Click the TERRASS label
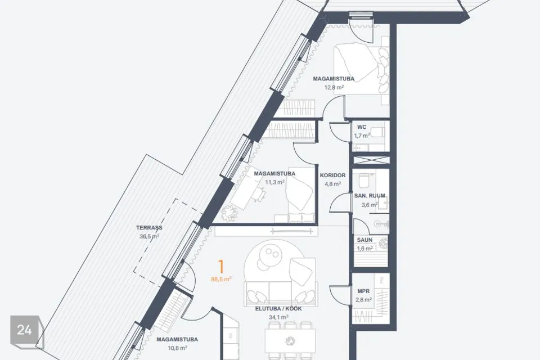(x=149, y=228)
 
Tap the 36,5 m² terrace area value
(x=150, y=236)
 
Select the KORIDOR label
(x=332, y=175)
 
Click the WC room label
(x=362, y=127)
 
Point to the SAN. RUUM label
(x=370, y=196)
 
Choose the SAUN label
(x=364, y=240)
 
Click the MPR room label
(x=364, y=291)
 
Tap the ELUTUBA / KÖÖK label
(x=278, y=309)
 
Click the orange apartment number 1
(x=221, y=267)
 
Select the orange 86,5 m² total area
(x=221, y=279)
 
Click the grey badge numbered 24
(x=25, y=330)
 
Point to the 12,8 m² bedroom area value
(x=334, y=87)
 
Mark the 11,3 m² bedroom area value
(x=274, y=182)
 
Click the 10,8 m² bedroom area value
(x=177, y=348)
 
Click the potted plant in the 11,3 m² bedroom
(x=229, y=214)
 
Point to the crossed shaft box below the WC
(x=371, y=160)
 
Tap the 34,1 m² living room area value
(x=278, y=317)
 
